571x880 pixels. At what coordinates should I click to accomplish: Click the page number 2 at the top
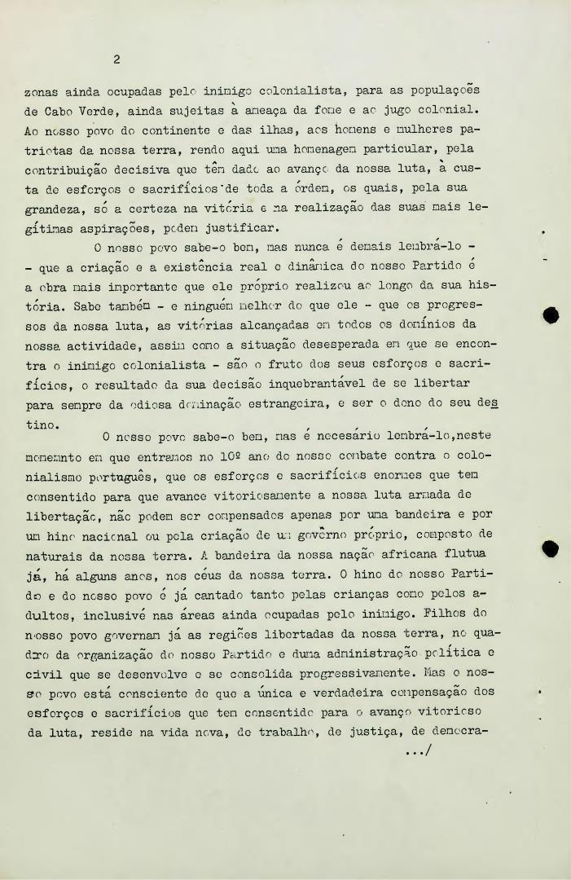tap(117, 59)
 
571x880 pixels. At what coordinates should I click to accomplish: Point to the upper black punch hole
tap(551, 315)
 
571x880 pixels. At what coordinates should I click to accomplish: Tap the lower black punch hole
tap(551, 549)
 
